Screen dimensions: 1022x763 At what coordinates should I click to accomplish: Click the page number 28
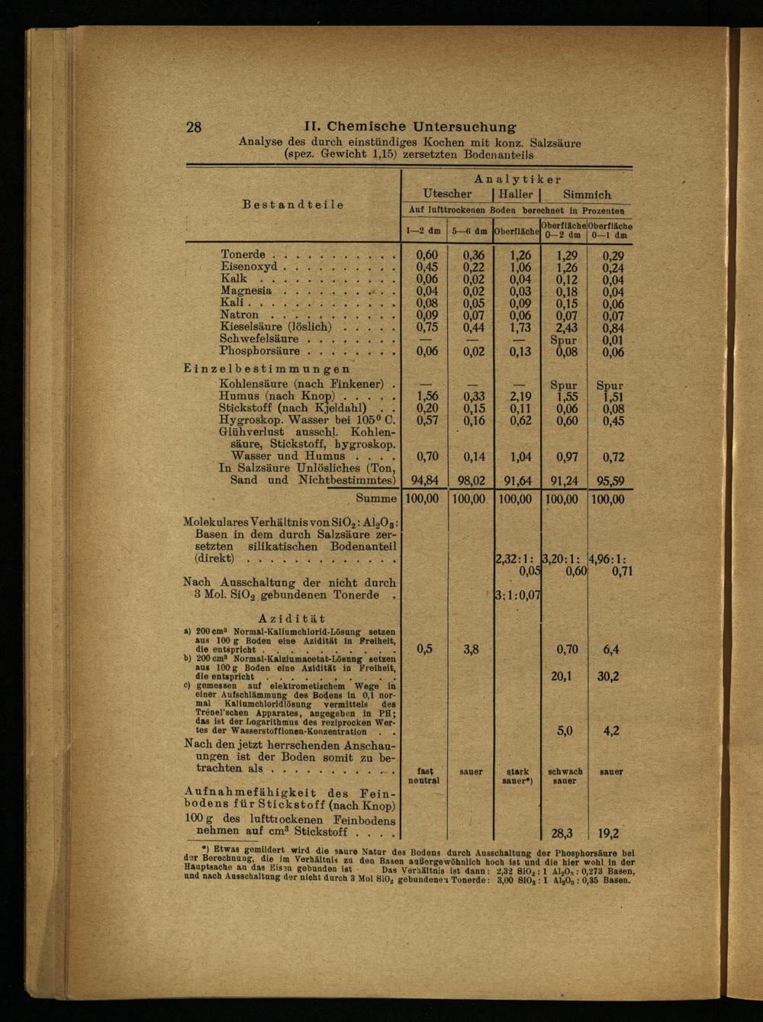194,127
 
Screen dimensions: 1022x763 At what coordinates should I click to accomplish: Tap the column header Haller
516,195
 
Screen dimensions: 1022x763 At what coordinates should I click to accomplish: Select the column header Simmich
587,195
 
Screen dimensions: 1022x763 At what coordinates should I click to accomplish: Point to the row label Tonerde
243,254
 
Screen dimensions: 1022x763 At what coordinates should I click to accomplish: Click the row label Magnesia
246,291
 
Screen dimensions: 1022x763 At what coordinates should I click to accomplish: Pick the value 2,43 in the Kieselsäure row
565,327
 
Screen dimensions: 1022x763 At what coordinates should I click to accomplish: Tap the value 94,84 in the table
423,481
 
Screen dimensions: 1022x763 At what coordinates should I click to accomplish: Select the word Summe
376,498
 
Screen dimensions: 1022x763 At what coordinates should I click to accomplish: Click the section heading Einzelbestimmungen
267,369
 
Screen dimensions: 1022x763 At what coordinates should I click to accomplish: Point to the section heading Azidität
291,618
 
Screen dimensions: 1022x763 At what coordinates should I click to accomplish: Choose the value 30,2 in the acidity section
608,676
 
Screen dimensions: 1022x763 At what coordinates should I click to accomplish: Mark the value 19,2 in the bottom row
608,834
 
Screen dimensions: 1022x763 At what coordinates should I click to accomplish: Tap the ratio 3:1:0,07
517,595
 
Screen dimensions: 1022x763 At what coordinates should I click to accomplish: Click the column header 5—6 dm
470,231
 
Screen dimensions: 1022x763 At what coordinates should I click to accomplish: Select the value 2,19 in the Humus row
520,397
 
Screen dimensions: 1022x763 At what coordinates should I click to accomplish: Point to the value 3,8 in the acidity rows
471,650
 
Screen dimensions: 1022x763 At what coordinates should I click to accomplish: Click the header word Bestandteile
293,205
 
